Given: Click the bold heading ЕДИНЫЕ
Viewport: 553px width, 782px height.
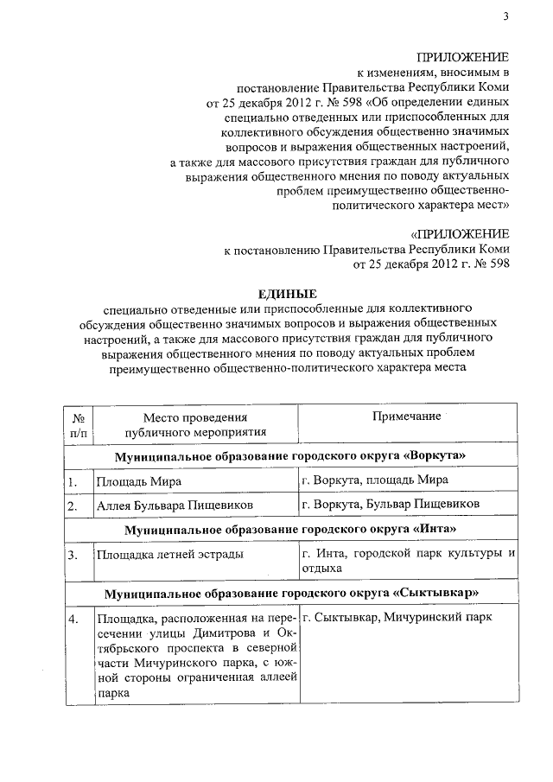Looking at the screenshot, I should click(x=289, y=296).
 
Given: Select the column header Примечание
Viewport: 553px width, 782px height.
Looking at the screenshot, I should click(x=406, y=416).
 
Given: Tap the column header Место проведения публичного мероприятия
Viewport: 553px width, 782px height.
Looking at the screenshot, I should click(x=194, y=424).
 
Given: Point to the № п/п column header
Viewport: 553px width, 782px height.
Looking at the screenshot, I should click(x=77, y=424).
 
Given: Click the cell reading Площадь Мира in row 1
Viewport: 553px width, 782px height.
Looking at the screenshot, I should click(x=138, y=481).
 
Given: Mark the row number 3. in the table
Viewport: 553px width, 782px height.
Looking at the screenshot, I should click(x=74, y=554).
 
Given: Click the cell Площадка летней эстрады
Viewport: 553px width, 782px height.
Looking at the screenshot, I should click(x=169, y=554).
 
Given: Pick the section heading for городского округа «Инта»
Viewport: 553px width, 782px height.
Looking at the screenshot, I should click(x=290, y=528).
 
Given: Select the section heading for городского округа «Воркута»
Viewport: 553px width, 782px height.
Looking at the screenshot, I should click(x=290, y=455).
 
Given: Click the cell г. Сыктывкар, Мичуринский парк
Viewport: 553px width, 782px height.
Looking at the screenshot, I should click(x=397, y=619).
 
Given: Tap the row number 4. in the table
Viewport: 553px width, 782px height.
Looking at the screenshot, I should click(x=74, y=620).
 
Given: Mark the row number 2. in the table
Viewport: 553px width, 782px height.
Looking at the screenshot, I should click(x=74, y=505).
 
